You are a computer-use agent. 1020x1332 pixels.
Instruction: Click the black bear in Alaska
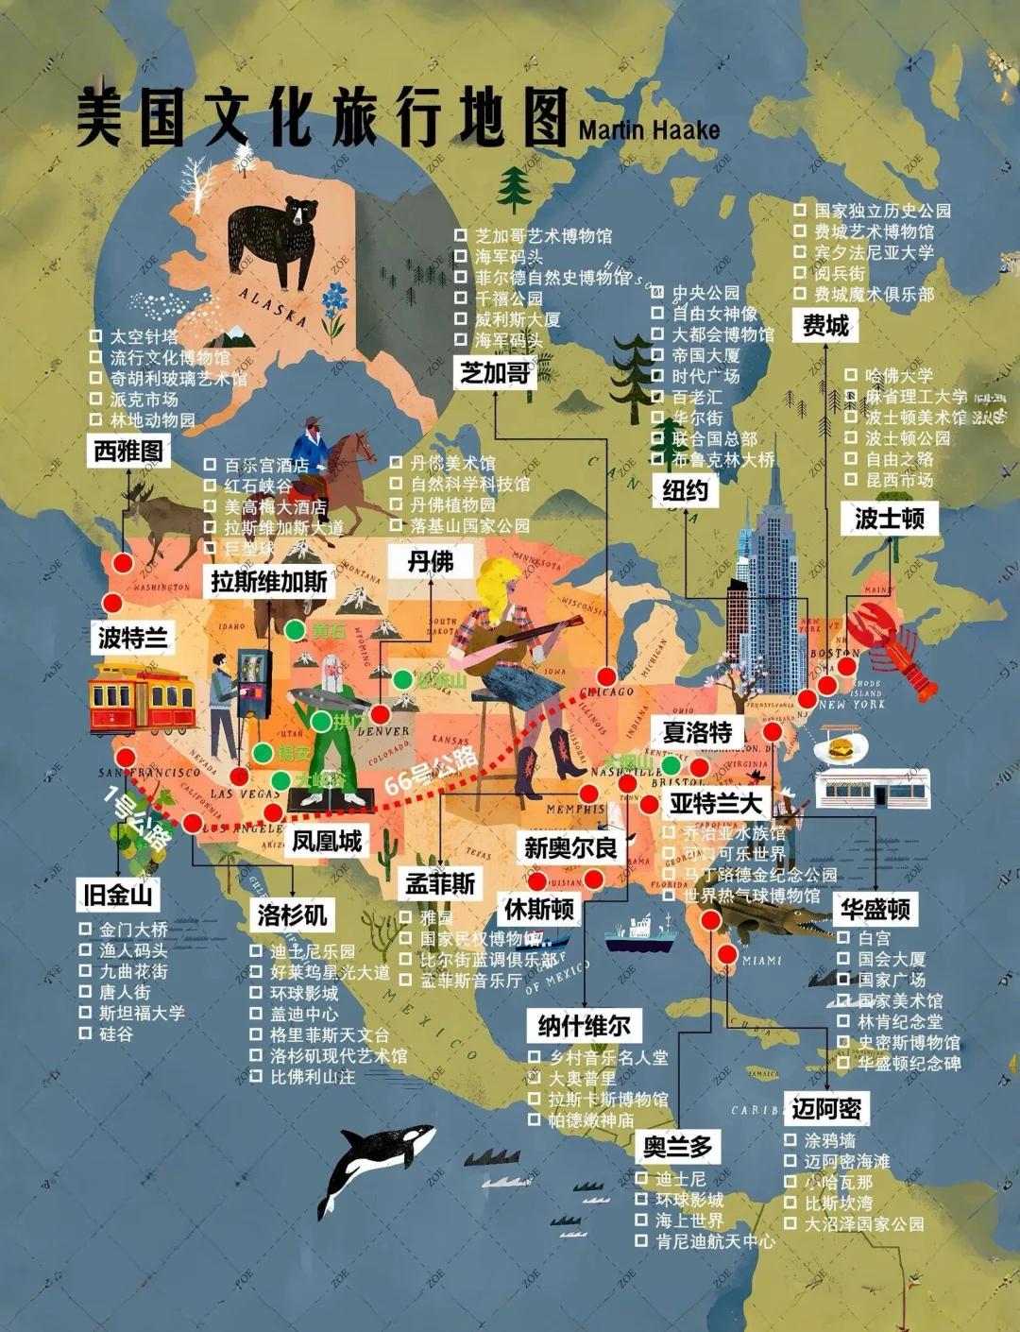[272, 240]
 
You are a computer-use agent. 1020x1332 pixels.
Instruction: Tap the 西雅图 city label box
[128, 451]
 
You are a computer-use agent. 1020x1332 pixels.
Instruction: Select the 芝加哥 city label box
[494, 372]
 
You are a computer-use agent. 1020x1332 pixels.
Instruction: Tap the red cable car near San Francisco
[142, 700]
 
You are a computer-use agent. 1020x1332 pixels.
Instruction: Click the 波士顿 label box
[889, 518]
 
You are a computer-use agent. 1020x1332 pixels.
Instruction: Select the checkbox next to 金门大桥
[86, 929]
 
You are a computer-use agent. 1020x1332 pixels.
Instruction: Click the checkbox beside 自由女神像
[657, 313]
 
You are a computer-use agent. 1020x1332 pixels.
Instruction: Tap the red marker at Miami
[726, 954]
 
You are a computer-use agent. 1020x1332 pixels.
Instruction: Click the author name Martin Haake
[649, 129]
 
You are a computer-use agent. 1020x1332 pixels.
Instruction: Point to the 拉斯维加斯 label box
[268, 580]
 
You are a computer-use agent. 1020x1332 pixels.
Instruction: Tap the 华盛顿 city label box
[875, 909]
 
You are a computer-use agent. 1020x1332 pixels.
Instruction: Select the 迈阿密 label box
[826, 1108]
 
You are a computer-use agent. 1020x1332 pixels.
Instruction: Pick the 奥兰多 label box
[677, 1147]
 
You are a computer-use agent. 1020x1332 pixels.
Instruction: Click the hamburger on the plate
[837, 750]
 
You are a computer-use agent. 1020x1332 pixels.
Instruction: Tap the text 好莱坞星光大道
[330, 972]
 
